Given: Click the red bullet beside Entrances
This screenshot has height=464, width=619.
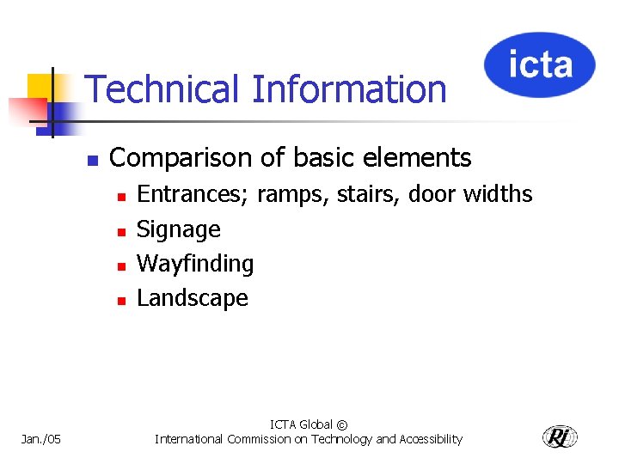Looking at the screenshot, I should pyautogui.click(x=122, y=197).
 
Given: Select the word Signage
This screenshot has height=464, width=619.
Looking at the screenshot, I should pyautogui.click(x=179, y=230).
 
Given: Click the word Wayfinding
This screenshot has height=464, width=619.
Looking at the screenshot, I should pyautogui.click(x=195, y=265).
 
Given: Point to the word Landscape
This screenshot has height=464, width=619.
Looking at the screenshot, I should pyautogui.click(x=193, y=298).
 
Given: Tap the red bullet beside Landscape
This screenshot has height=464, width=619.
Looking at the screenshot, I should pyautogui.click(x=122, y=301).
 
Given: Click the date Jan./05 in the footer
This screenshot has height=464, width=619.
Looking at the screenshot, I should pyautogui.click(x=41, y=440).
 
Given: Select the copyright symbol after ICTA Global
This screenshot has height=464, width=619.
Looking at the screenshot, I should pyautogui.click(x=342, y=425).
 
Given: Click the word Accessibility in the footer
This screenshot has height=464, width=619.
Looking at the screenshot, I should pyautogui.click(x=430, y=439).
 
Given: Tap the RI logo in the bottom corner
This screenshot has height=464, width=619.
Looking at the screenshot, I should pyautogui.click(x=560, y=437).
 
